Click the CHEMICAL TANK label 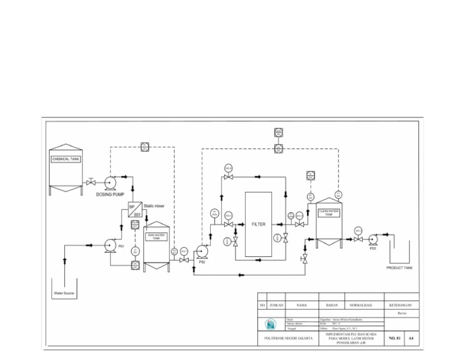pos(65,159)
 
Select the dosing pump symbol pos(110,182)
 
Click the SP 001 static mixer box pos(136,210)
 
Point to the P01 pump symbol pos(110,245)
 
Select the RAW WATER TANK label pos(157,236)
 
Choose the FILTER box pos(259,224)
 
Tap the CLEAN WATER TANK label pos(329,213)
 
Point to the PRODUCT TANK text pos(399,267)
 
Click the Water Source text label pos(64,292)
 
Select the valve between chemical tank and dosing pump pos(91,182)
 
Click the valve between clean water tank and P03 pos(358,239)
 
